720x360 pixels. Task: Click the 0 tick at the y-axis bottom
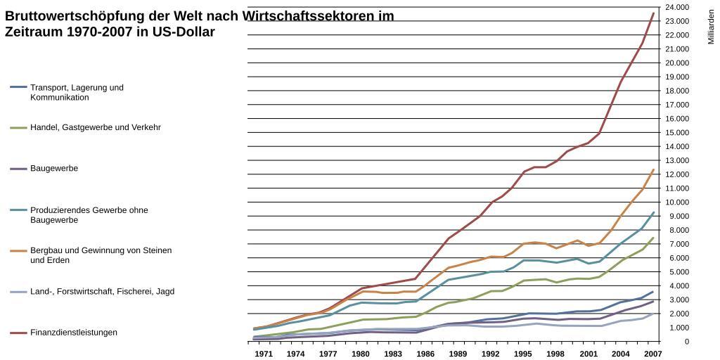(x=687, y=342)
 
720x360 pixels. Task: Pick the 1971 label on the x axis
(x=264, y=354)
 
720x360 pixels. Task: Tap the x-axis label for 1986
(x=425, y=354)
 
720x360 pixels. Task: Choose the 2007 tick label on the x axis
(x=652, y=354)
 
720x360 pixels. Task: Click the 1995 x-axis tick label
(x=523, y=354)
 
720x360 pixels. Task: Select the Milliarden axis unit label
(x=711, y=27)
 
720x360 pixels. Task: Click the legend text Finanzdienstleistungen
(x=74, y=333)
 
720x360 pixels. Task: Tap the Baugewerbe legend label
(x=54, y=169)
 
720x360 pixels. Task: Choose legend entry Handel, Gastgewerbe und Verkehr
(x=96, y=127)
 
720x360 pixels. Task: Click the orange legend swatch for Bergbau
(x=18, y=251)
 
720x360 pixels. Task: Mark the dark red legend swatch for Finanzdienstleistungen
(x=18, y=333)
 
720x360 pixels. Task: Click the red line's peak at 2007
(x=653, y=13)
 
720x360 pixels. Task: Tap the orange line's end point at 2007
(x=653, y=169)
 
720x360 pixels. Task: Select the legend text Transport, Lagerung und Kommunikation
(x=77, y=92)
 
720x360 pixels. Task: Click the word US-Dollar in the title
(x=181, y=32)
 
